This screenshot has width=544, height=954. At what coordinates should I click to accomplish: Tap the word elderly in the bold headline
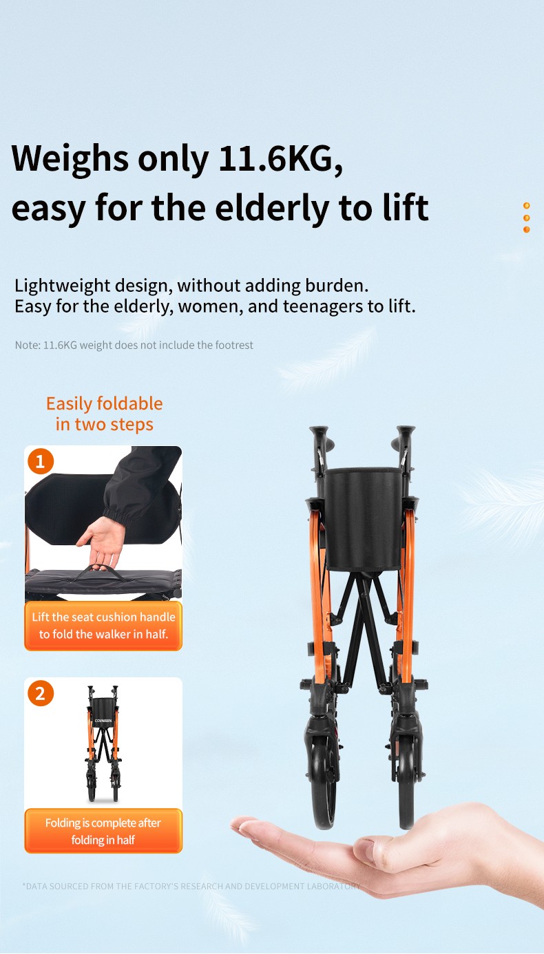pyautogui.click(x=272, y=209)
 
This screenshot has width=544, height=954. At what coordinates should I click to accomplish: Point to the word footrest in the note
pyautogui.click(x=234, y=345)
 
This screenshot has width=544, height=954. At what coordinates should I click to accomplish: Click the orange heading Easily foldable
pyautogui.click(x=105, y=404)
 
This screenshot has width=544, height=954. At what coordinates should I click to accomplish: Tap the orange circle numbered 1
pyautogui.click(x=41, y=461)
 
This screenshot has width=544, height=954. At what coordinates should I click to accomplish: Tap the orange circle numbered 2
pyautogui.click(x=41, y=693)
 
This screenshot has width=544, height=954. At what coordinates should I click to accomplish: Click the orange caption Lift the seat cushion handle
pyautogui.click(x=103, y=617)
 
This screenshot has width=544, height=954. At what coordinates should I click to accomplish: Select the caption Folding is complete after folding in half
pyautogui.click(x=103, y=831)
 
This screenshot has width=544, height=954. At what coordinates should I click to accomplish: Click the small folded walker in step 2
pyautogui.click(x=103, y=743)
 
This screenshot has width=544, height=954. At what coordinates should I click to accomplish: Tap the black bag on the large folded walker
pyautogui.click(x=363, y=519)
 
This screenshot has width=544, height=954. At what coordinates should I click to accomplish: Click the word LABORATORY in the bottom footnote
pyautogui.click(x=333, y=887)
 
